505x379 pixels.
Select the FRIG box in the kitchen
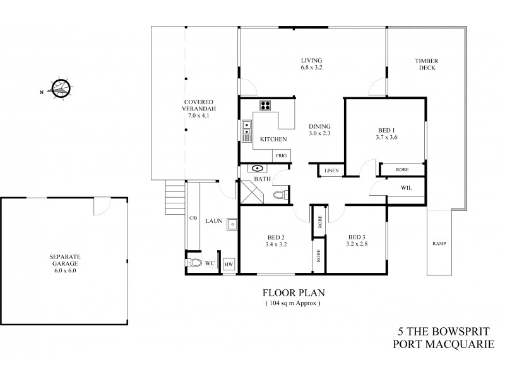280,155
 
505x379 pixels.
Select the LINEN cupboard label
331,171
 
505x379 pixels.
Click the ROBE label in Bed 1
401,170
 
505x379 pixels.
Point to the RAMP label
439,243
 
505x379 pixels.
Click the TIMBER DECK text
426,64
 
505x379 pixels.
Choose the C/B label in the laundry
193,218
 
